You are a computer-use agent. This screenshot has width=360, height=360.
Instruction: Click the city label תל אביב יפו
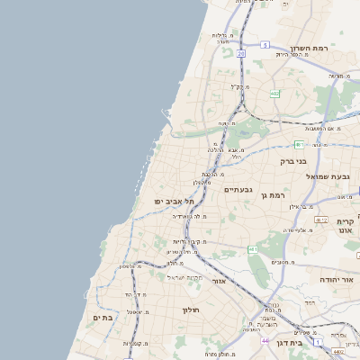tap(159, 203)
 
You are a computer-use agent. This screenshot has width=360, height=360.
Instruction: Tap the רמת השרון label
tap(313, 48)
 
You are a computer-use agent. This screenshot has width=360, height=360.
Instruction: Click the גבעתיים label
tap(240, 189)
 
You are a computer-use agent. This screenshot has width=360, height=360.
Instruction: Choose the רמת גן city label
tap(271, 194)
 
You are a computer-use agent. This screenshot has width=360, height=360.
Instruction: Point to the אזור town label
tap(219, 280)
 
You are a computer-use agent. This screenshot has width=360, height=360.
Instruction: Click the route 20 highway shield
tap(241, 54)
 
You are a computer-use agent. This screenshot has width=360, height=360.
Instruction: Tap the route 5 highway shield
tap(265, 44)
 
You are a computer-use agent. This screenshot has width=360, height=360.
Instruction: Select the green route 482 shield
tap(274, 94)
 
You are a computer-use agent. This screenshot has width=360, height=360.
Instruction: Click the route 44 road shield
tap(265, 341)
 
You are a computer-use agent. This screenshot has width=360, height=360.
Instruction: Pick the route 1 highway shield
tap(318, 342)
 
